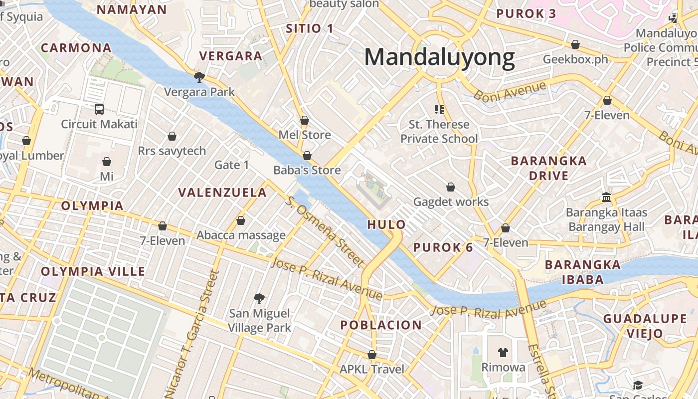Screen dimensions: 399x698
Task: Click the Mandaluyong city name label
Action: coord(439,57)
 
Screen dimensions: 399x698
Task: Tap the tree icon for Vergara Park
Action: coord(199,77)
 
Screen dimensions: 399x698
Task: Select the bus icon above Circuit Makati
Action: coord(99,109)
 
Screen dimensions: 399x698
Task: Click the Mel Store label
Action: coord(305,135)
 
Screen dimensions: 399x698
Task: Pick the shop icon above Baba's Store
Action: coord(307,156)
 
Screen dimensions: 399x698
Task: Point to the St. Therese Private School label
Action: coord(439,131)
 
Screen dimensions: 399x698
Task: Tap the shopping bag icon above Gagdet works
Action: coord(451,187)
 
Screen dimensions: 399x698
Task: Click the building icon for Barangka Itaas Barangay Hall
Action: coord(606,197)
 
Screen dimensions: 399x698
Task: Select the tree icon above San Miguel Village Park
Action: coord(259,298)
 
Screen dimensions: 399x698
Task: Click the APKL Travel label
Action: coord(372,370)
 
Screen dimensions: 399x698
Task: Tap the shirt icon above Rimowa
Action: coord(503,352)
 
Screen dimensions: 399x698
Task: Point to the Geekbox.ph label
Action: coord(575,59)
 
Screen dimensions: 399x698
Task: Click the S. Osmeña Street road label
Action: coord(324,230)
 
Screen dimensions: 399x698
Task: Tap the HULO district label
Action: coord(386,224)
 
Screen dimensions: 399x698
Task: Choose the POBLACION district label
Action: coord(381,325)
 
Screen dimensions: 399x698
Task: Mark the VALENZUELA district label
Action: coord(223,193)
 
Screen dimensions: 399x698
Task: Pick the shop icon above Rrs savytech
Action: coord(172,136)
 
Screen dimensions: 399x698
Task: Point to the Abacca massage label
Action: coord(241,235)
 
